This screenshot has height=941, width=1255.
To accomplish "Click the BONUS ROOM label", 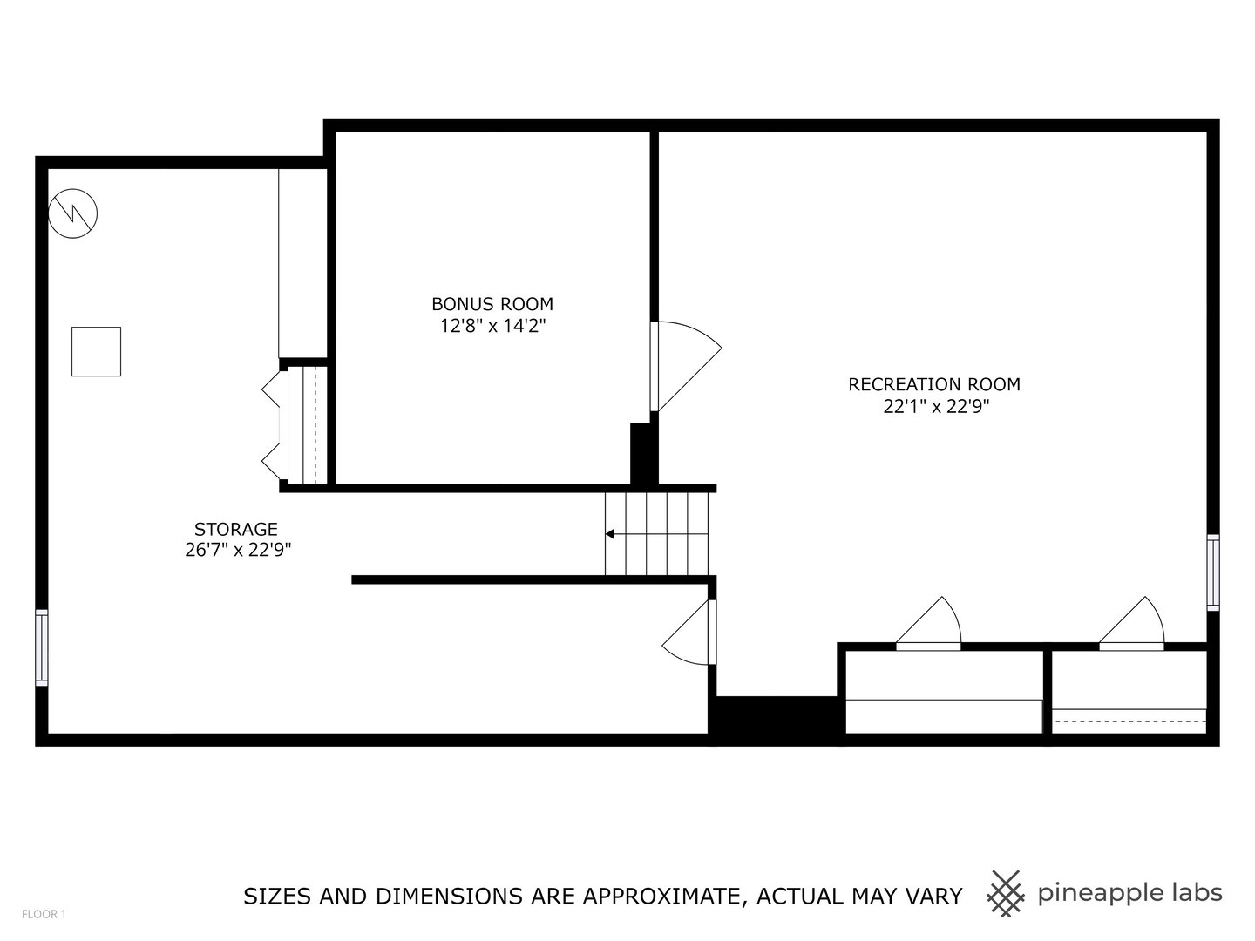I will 492,304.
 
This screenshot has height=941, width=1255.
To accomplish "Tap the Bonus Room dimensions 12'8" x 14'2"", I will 492,326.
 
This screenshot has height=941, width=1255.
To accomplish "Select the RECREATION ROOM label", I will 934,384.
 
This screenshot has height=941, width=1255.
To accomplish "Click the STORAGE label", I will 236,529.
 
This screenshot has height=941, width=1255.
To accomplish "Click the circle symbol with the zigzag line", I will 73,213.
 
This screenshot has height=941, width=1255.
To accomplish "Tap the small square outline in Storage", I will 96,351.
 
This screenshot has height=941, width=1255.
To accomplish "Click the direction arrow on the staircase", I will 610,534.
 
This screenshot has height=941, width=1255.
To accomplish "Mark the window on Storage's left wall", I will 41,646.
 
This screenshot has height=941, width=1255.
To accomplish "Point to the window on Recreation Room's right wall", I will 1212,572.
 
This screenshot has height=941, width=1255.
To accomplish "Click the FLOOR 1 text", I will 44,914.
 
